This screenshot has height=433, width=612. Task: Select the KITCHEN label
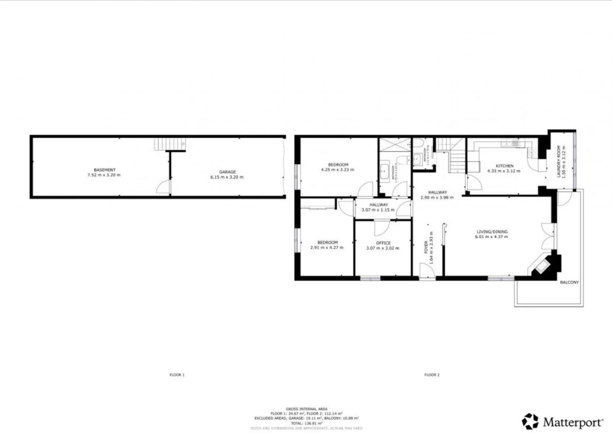pyautogui.click(x=503, y=165)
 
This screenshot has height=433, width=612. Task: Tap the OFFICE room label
pyautogui.click(x=383, y=243)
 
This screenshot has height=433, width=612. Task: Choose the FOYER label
pyautogui.click(x=427, y=248)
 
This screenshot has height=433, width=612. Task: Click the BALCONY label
pyautogui.click(x=569, y=281)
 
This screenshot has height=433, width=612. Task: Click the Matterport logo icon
pyautogui.click(x=530, y=421)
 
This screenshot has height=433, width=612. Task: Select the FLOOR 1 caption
pyautogui.click(x=177, y=375)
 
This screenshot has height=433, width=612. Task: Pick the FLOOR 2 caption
pyautogui.click(x=432, y=375)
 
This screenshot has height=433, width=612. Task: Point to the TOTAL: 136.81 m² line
pyautogui.click(x=306, y=423)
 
